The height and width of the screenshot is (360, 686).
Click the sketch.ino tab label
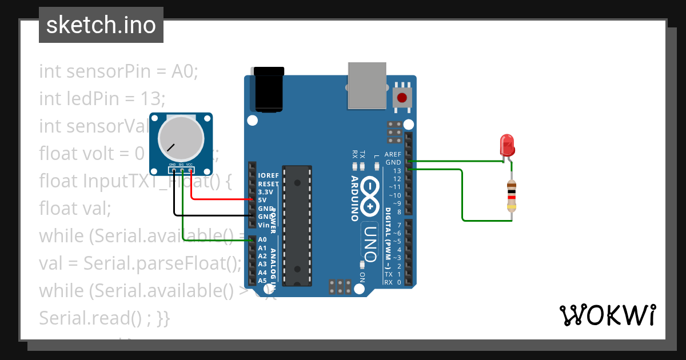point(101,25)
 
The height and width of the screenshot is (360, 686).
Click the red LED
point(506,145)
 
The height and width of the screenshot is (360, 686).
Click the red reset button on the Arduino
point(402,97)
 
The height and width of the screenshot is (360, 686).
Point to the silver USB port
point(366,86)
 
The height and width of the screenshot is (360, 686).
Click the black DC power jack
point(269,88)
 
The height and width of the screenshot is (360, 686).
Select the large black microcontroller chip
point(297,225)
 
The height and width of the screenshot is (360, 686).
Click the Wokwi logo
point(607,315)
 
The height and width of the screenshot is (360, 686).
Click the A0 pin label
point(262,240)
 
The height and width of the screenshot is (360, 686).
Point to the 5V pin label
point(262,200)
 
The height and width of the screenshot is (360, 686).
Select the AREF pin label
point(393,154)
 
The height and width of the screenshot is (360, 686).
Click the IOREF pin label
point(268,175)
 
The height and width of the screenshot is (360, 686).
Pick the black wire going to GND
point(212,215)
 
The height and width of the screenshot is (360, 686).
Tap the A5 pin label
point(262,281)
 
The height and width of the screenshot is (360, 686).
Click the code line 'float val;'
point(75,209)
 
